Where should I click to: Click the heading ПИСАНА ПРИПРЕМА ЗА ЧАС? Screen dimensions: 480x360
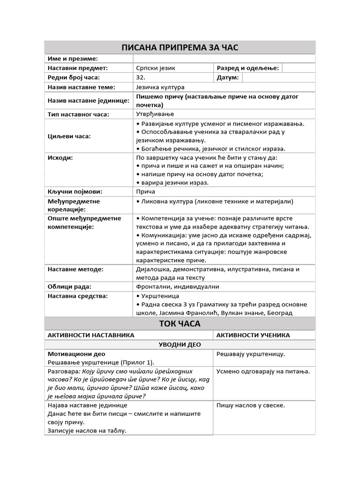tap(180, 47)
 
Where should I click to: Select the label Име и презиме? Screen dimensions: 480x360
tap(73, 59)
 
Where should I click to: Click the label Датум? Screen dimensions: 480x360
tap(228, 77)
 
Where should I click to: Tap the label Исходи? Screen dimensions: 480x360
tap(60, 157)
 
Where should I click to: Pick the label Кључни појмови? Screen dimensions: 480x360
tap(75, 192)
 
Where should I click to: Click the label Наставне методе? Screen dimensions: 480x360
tap(75, 269)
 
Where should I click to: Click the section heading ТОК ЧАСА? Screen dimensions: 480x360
tap(180, 323)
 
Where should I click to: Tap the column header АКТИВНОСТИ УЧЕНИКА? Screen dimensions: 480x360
tap(253, 335)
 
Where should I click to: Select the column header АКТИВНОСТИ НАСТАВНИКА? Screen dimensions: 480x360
tap(91, 335)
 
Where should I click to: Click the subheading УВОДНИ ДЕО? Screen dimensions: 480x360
tap(180, 345)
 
